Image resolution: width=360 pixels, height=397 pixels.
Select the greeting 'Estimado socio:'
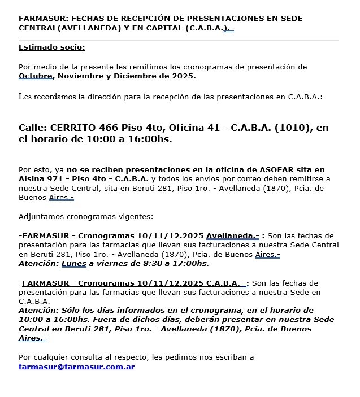[52, 47]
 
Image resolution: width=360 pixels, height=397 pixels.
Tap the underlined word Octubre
[35, 76]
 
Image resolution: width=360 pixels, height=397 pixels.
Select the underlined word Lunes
[75, 263]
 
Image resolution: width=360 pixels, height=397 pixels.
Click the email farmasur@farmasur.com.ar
[76, 367]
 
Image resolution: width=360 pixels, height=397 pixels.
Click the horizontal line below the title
[179, 40]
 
